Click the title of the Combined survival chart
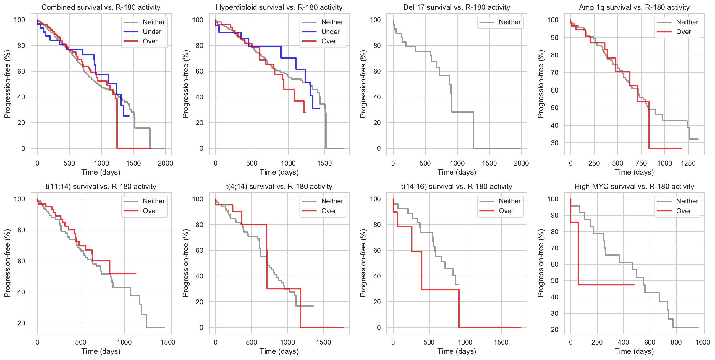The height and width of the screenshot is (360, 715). click(101, 7)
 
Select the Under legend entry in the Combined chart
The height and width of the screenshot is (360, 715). click(152, 32)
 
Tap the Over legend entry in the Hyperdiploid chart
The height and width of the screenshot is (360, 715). click(329, 41)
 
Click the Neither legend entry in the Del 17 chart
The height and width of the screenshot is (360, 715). click(509, 22)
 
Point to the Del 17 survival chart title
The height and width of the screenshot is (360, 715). click(457, 7)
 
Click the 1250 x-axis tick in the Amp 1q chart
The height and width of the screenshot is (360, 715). click(688, 163)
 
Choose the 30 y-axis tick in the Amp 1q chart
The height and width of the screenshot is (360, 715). click(555, 143)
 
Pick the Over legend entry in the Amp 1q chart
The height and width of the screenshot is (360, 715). click(683, 32)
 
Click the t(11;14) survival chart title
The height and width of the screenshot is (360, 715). click(101, 187)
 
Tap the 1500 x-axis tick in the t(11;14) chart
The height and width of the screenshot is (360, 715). click(168, 343)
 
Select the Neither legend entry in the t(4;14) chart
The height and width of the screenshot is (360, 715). click(332, 201)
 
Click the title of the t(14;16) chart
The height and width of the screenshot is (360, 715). click(457, 187)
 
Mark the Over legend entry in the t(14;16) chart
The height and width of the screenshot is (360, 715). click(506, 211)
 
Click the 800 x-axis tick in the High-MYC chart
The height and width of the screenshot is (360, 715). click(676, 343)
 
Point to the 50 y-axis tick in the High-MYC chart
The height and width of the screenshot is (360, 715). click(555, 281)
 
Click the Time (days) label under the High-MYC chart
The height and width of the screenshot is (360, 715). click(634, 351)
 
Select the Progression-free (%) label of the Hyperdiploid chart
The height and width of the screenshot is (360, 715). click(185, 84)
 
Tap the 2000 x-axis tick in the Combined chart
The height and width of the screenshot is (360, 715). click(165, 163)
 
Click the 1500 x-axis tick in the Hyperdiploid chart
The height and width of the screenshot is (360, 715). click(324, 163)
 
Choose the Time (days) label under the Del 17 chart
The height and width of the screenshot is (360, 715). click(457, 172)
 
